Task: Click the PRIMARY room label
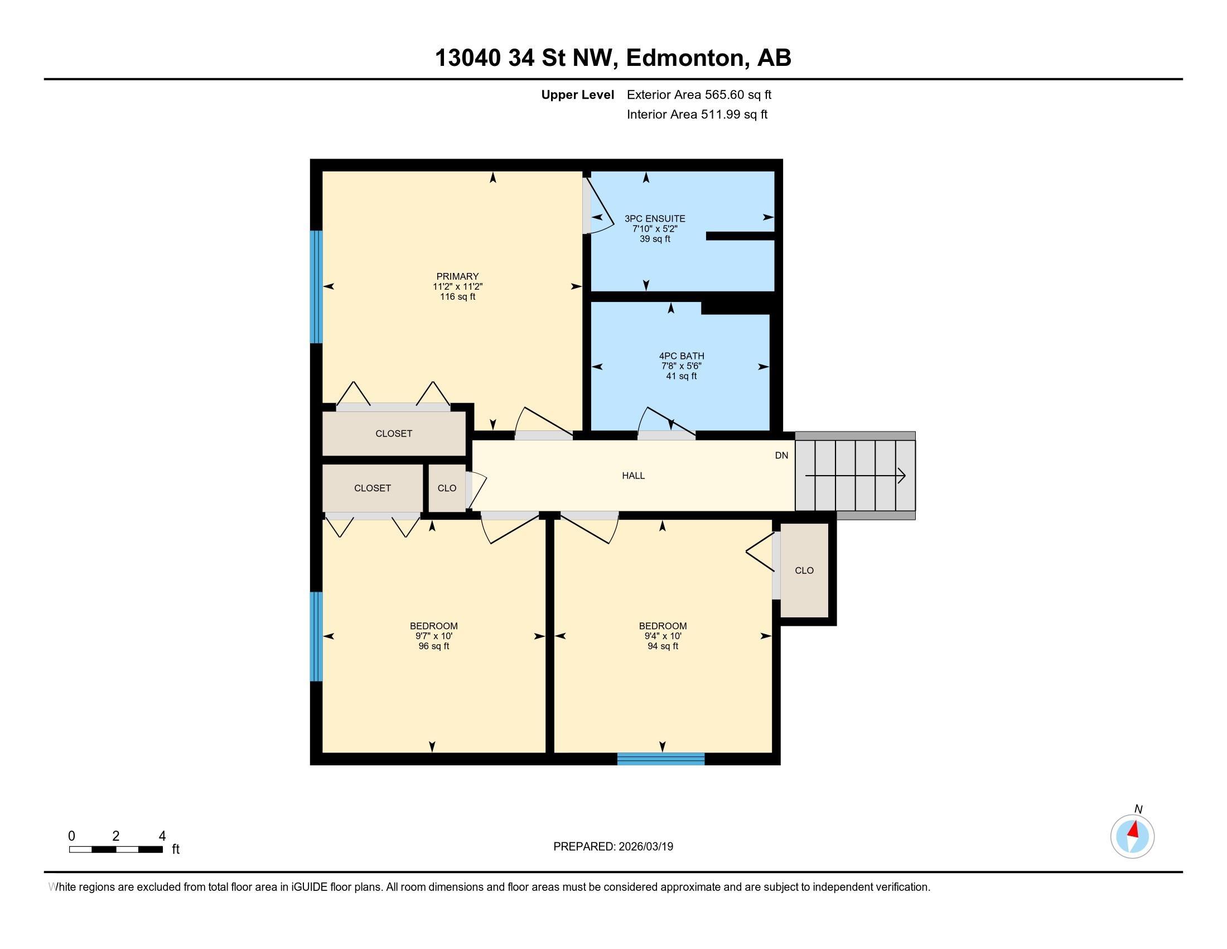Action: (x=457, y=276)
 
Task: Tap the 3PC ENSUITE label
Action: (x=655, y=219)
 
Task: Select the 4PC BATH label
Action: (x=682, y=356)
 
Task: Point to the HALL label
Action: (x=633, y=476)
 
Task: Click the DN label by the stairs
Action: (x=781, y=456)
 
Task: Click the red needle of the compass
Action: (x=1134, y=829)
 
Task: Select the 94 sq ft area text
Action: (x=663, y=646)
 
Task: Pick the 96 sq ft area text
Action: (x=434, y=646)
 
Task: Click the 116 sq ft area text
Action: (x=457, y=297)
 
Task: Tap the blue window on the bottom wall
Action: (x=661, y=759)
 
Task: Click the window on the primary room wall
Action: (x=317, y=287)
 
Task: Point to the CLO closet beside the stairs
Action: (x=804, y=571)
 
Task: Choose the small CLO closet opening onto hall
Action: (x=447, y=488)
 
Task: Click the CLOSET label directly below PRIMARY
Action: (x=394, y=433)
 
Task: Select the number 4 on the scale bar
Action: (x=162, y=836)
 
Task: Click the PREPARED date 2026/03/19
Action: (x=645, y=847)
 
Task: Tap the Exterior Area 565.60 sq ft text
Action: (x=699, y=94)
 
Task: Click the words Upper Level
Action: (x=578, y=94)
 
